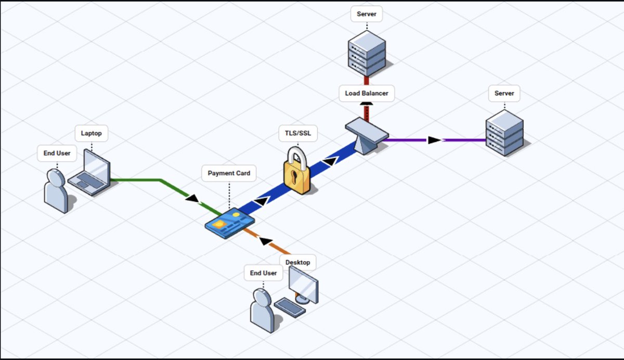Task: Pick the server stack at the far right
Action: [504, 133]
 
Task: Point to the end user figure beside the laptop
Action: [56, 190]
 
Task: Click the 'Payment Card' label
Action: [229, 173]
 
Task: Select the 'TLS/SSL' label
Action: [298, 133]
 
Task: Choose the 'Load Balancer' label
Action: [367, 94]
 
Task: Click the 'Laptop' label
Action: [91, 133]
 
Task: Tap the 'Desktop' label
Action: [297, 262]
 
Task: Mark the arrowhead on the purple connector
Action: [435, 140]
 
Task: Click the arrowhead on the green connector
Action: [192, 198]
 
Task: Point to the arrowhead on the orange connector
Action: [266, 241]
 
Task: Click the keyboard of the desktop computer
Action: [290, 307]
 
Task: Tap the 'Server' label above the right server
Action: [504, 93]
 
